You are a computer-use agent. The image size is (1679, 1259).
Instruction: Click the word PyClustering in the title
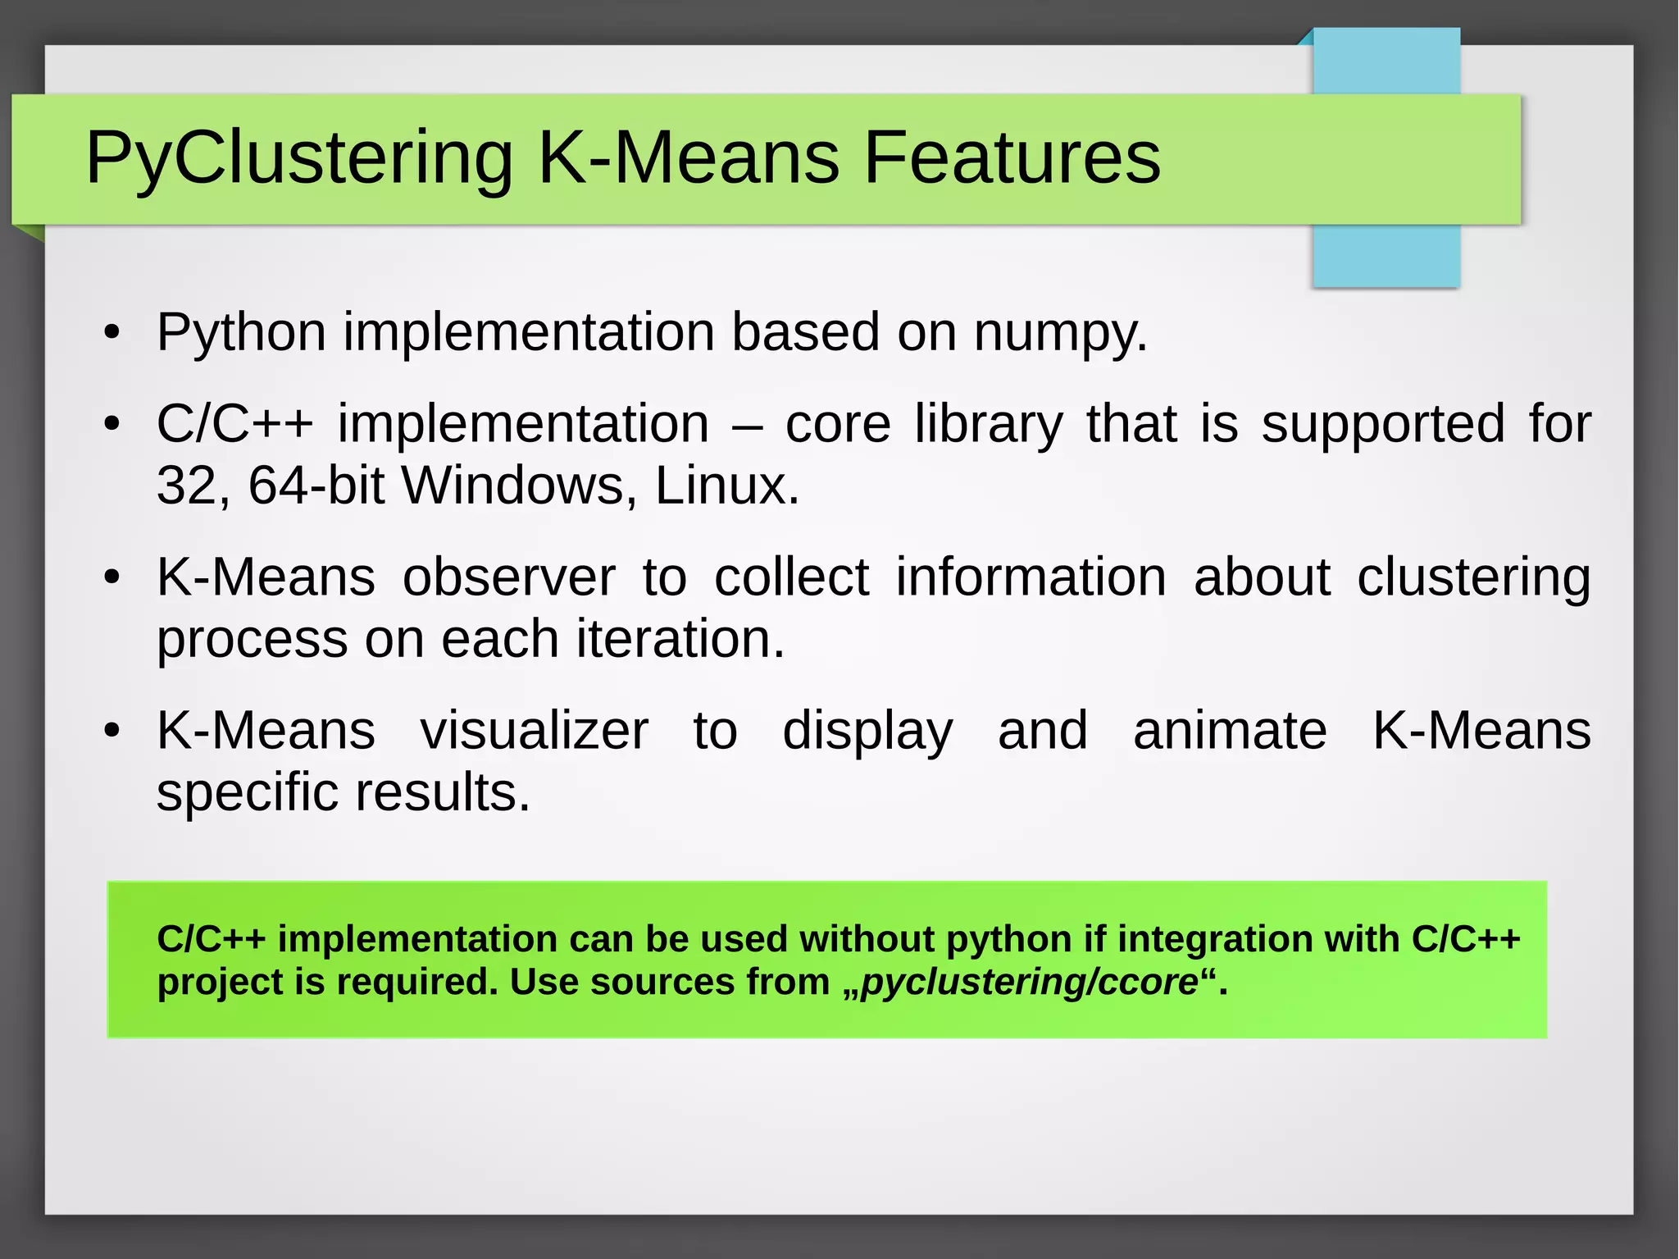pyautogui.click(x=298, y=158)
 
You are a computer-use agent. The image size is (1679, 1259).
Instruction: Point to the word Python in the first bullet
pyautogui.click(x=241, y=333)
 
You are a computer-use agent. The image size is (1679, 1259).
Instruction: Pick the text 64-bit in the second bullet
pyautogui.click(x=316, y=486)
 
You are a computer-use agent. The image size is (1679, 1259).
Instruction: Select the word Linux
pyautogui.click(x=726, y=486)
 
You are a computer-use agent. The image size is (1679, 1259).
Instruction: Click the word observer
pyautogui.click(x=508, y=577)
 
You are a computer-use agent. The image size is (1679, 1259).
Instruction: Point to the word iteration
pyautogui.click(x=680, y=639)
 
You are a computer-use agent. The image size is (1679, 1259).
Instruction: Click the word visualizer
pyautogui.click(x=534, y=730)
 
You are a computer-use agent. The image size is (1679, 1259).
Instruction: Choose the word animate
pyautogui.click(x=1230, y=730)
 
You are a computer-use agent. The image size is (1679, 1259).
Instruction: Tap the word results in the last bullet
pyautogui.click(x=442, y=792)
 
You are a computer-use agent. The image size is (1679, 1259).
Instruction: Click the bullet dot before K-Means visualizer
pyautogui.click(x=112, y=730)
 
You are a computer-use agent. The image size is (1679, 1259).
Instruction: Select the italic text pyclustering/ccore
pyautogui.click(x=1029, y=982)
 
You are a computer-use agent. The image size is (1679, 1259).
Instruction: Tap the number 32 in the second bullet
pyautogui.click(x=186, y=486)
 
